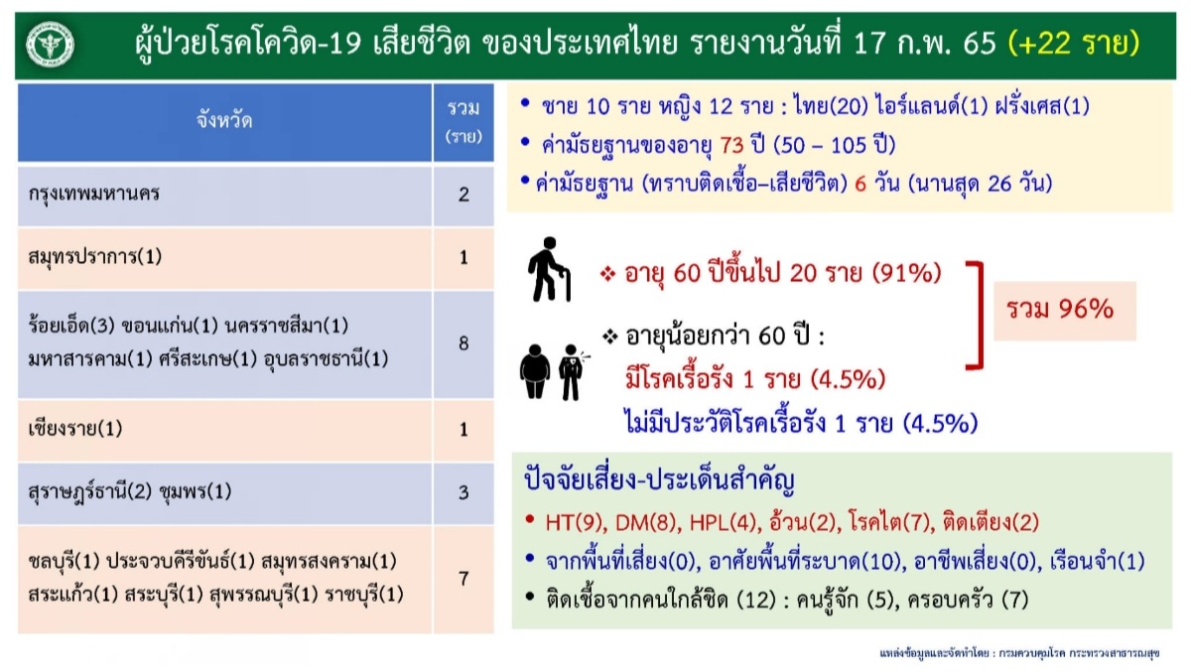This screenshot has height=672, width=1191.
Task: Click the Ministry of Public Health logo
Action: (50, 45)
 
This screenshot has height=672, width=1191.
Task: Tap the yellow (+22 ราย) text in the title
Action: (1074, 43)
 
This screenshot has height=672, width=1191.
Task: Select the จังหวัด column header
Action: (224, 122)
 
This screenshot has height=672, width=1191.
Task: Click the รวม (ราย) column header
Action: (463, 122)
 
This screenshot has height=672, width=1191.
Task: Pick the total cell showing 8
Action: (463, 344)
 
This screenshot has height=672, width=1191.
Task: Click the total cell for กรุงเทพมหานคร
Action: (463, 196)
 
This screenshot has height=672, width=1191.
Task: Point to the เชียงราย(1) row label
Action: (75, 429)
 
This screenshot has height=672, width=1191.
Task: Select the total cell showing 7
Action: (463, 579)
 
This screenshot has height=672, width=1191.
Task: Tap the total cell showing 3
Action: (463, 493)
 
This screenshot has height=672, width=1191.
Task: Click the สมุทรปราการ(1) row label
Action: (94, 257)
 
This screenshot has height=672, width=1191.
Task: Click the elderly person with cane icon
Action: (549, 270)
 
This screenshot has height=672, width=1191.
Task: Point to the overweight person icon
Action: (535, 371)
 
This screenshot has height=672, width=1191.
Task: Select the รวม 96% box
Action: (1065, 311)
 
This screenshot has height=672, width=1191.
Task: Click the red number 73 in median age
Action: (732, 145)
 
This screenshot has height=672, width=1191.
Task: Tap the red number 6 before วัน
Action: (860, 184)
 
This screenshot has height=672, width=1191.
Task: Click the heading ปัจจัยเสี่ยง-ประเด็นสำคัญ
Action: (659, 480)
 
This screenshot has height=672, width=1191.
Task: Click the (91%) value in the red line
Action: (906, 273)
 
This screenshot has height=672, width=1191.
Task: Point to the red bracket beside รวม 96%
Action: (978, 316)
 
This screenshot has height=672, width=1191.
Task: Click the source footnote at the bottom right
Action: (1019, 653)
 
